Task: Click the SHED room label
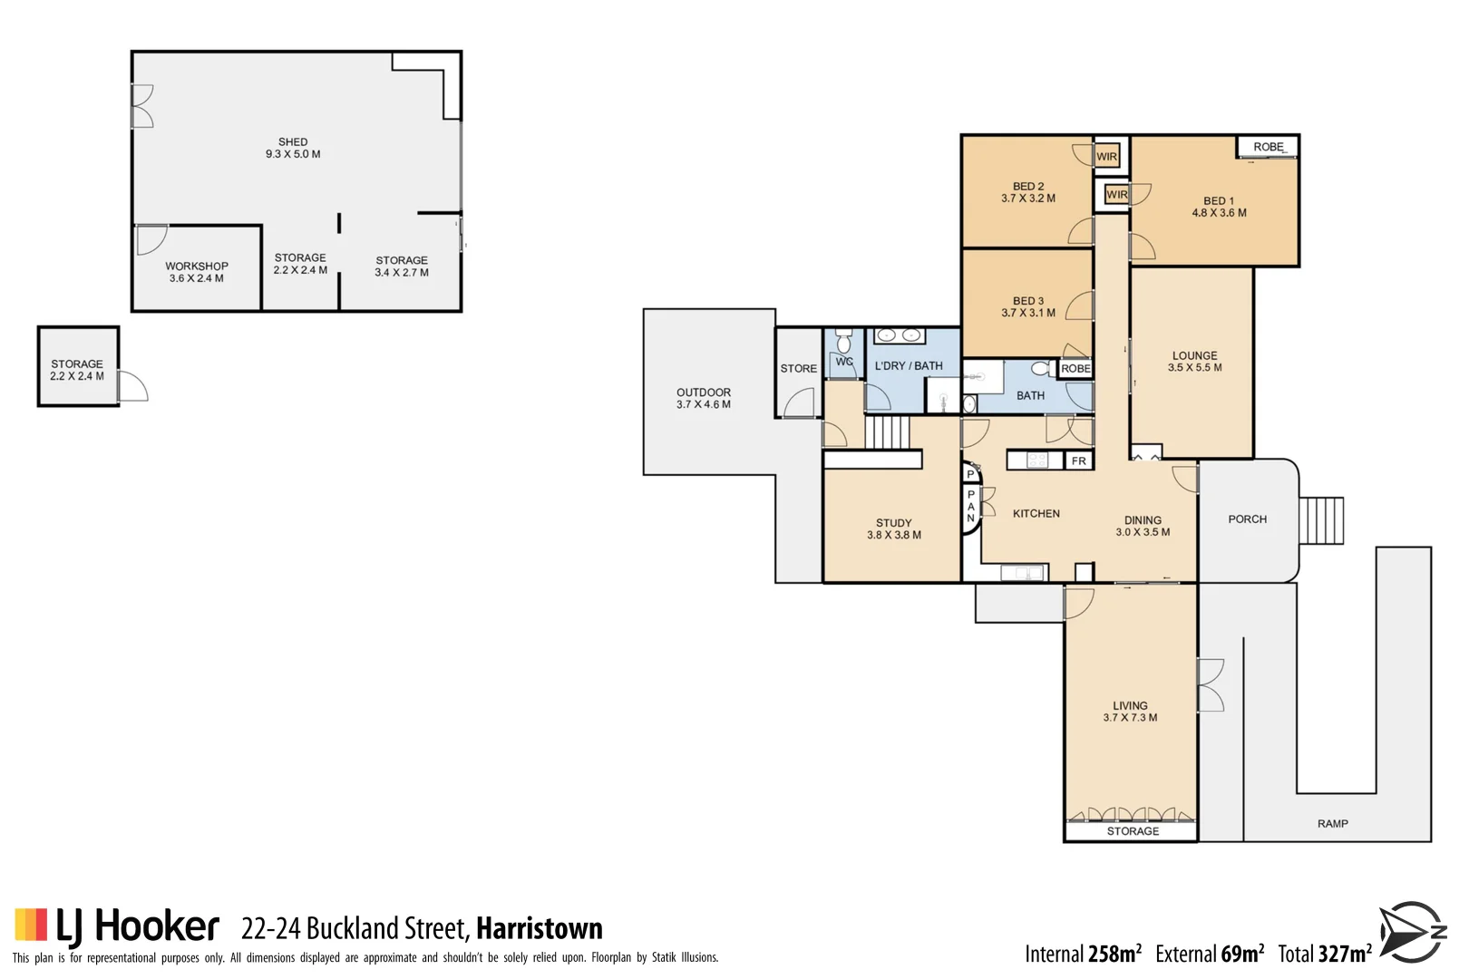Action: click(x=293, y=148)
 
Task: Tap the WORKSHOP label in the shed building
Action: click(x=196, y=272)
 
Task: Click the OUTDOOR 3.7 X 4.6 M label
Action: click(x=703, y=398)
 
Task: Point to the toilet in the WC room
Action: click(x=844, y=342)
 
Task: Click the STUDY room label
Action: click(x=893, y=528)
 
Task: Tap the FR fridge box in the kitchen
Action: click(x=1078, y=461)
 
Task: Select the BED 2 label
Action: click(x=1027, y=192)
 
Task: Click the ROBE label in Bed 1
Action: click(x=1268, y=147)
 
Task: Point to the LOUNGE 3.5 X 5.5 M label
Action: click(x=1194, y=362)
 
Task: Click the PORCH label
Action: click(x=1247, y=519)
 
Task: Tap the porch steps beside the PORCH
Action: click(x=1321, y=520)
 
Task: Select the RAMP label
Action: click(x=1332, y=824)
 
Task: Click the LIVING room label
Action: click(x=1130, y=712)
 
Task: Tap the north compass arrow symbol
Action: click(x=1411, y=932)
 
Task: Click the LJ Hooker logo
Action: click(x=117, y=926)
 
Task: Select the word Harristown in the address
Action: click(x=539, y=928)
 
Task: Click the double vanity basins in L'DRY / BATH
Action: click(x=899, y=336)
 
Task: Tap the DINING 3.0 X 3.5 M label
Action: click(x=1143, y=527)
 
